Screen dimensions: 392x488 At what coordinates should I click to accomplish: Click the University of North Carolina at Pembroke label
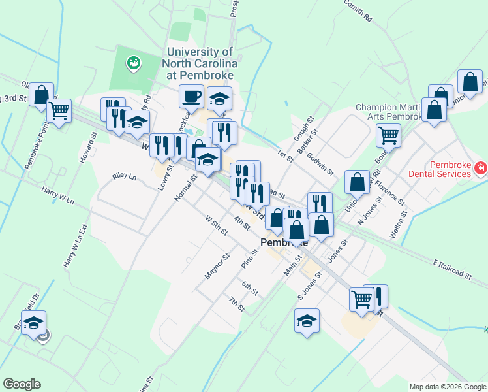201,63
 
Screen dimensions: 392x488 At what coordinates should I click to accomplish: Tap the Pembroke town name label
284,242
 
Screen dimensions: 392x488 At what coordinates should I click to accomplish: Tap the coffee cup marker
192,97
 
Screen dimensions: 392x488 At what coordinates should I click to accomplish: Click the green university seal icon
134,63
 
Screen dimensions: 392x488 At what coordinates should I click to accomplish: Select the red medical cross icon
481,169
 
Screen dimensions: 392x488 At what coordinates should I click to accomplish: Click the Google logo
22,384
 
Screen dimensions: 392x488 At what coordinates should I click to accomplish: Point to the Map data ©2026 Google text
448,387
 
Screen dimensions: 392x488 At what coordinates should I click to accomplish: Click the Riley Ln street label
124,176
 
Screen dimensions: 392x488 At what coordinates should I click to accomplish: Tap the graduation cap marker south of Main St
307,321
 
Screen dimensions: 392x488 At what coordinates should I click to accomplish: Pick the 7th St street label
236,304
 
